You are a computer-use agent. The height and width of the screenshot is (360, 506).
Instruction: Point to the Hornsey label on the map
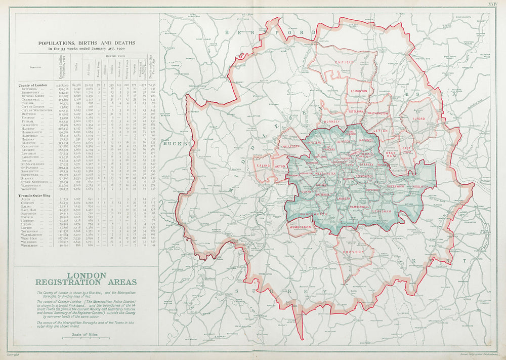(332, 122)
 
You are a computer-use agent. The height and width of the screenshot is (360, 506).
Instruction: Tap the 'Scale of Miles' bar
(85, 336)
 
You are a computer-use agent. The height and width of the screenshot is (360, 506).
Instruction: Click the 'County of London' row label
(32, 86)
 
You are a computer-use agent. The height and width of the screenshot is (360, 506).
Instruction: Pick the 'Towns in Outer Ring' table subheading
(34, 195)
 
